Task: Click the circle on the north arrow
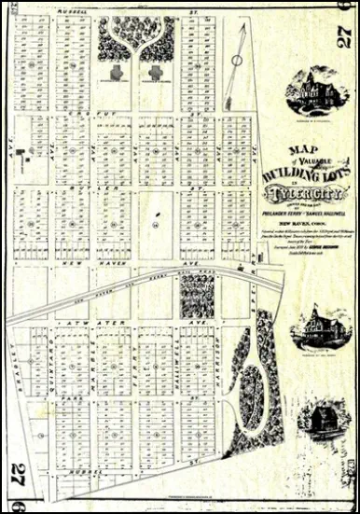[237, 61]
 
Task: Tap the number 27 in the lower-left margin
[16, 477]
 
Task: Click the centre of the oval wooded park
[250, 396]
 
